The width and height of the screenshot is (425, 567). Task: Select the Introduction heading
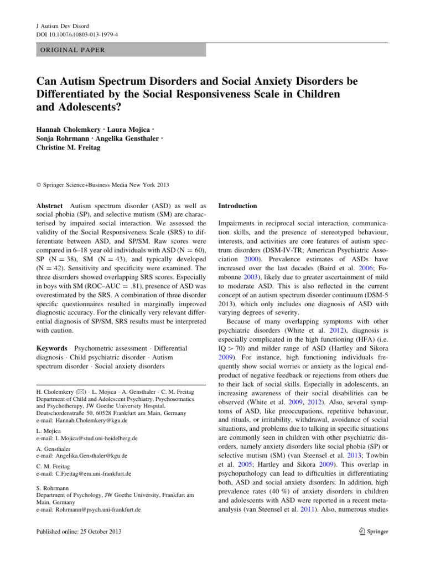(x=237, y=205)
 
